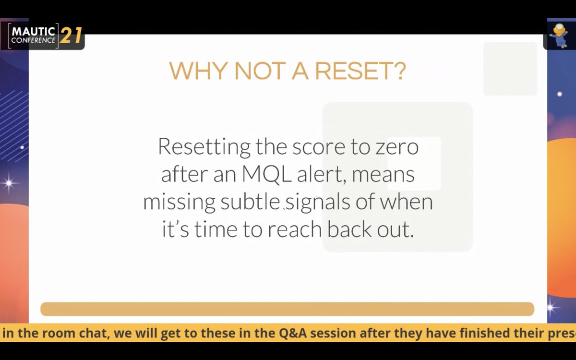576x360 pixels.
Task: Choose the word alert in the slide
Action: tap(322, 175)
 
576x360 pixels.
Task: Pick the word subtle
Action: tap(251, 203)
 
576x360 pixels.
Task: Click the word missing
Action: tap(179, 203)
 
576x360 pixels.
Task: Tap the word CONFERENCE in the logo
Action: tap(33, 41)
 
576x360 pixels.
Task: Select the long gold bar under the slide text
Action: tap(287, 309)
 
